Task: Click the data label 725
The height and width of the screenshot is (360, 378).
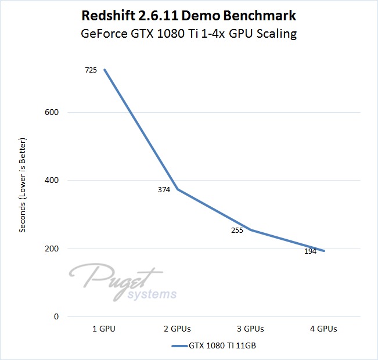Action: [92, 70]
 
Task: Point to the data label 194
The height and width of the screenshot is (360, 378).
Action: [311, 251]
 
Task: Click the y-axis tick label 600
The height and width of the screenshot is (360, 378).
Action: [52, 112]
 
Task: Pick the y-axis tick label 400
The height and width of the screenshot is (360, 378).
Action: [52, 181]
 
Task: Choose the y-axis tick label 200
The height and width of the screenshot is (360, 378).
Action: [52, 249]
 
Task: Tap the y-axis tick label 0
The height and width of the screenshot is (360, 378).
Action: [56, 317]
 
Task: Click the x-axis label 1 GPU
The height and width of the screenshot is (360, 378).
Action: [104, 329]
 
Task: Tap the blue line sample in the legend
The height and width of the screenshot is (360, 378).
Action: [179, 346]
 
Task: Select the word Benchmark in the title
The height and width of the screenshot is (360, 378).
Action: [261, 16]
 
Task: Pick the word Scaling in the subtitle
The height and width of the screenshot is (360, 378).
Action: [276, 34]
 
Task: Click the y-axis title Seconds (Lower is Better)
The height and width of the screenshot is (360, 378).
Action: [23, 184]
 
